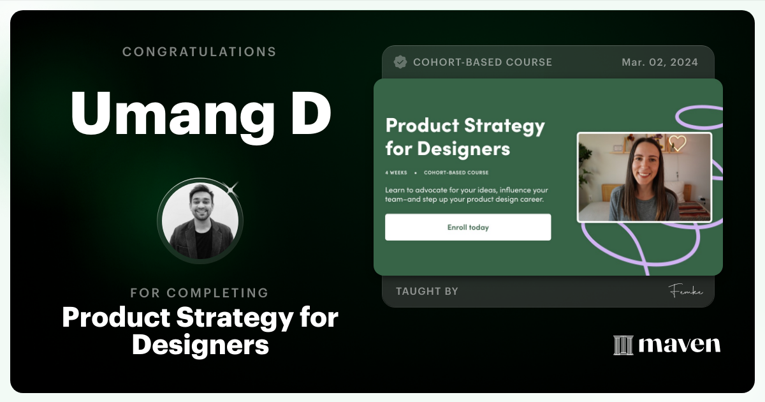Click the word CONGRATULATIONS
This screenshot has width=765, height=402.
[200, 52]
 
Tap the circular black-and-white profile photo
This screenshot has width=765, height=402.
[200, 221]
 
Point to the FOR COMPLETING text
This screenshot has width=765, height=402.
[200, 293]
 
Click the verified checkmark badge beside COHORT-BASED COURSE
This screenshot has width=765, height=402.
[400, 62]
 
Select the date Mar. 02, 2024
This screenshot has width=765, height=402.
[660, 62]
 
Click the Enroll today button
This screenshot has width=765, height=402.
[468, 227]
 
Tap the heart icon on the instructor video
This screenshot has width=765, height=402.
[677, 143]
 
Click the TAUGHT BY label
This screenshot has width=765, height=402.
[427, 291]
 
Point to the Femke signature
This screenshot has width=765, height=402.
[685, 291]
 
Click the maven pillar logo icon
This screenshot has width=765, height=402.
[623, 345]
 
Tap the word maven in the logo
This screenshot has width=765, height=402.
[680, 345]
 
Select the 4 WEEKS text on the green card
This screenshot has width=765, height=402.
[396, 172]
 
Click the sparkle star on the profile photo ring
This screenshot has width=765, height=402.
[233, 188]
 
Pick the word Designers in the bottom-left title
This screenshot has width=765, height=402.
[200, 345]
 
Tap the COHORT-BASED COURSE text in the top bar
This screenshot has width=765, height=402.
[483, 62]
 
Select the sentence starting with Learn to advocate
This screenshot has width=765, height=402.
[467, 195]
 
